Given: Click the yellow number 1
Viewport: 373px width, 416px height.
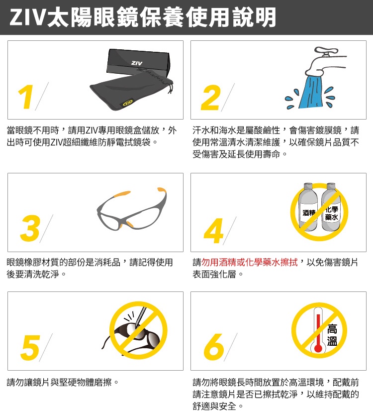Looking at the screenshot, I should (27, 97).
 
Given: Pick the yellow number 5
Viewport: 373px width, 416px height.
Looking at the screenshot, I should (30, 346).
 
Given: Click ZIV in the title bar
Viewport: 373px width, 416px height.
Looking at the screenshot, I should (28, 18).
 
